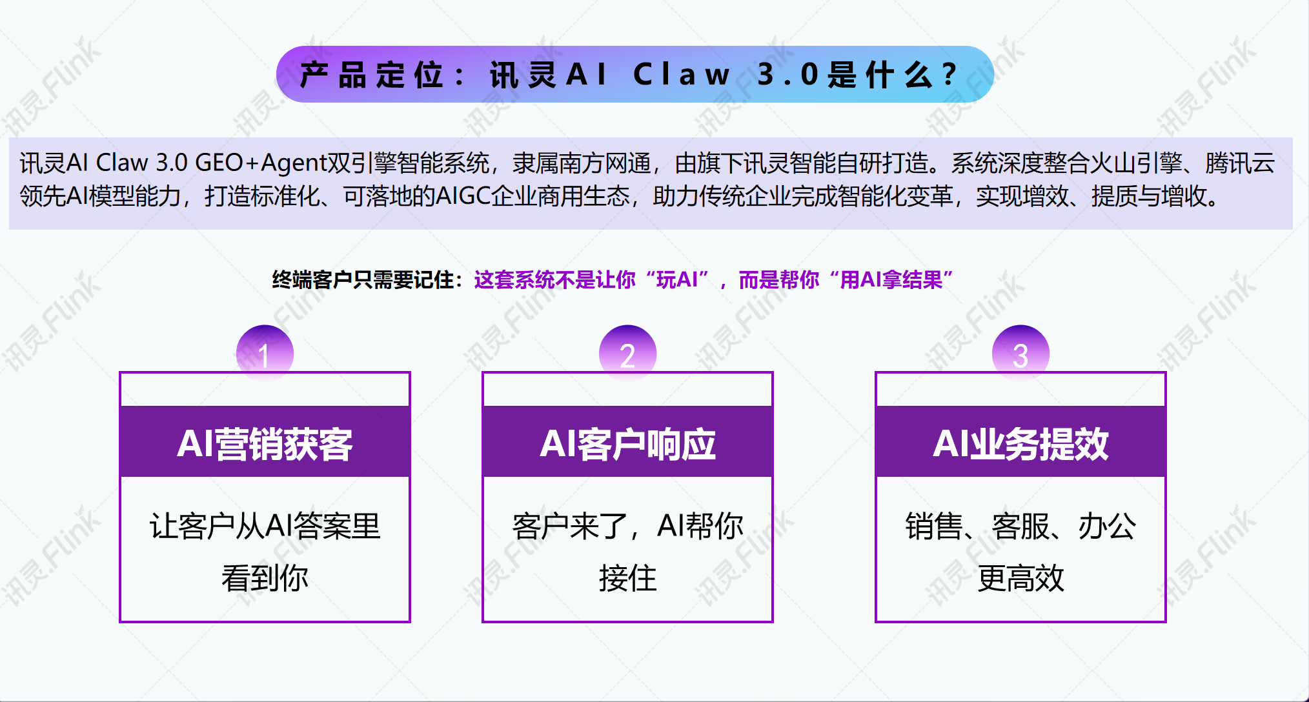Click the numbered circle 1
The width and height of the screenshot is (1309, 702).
click(265, 352)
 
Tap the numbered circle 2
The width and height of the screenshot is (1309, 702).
click(627, 352)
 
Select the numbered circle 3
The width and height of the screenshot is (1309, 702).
click(1020, 352)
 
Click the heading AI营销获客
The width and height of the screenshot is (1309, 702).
click(265, 444)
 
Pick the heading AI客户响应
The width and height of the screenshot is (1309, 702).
click(627, 444)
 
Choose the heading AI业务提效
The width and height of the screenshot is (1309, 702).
click(1020, 444)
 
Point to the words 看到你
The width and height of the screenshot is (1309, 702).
click(265, 577)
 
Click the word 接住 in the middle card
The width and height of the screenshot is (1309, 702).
click(627, 577)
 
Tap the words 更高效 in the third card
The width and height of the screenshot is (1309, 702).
click(1020, 577)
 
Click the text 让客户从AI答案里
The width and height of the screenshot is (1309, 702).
click(265, 526)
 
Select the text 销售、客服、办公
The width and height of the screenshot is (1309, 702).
click(1020, 526)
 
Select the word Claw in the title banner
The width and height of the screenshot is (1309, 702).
click(682, 75)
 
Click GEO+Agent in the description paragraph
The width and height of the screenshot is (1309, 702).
click(261, 163)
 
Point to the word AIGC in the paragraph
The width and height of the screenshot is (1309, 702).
click(463, 196)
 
